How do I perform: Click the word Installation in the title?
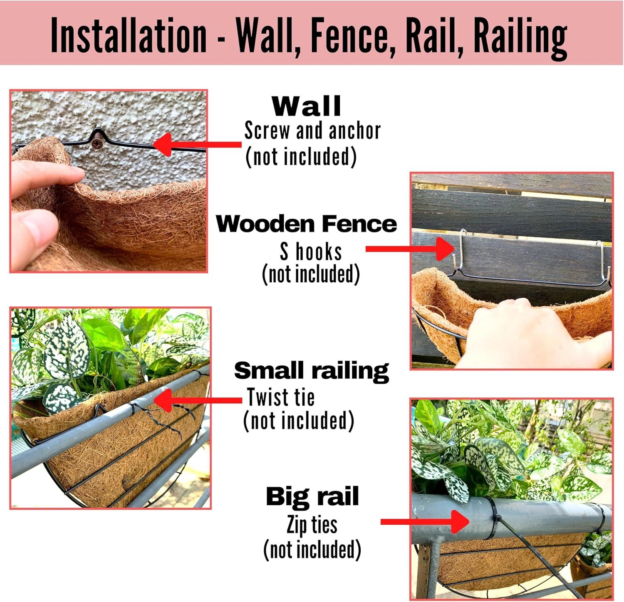tap(128, 36)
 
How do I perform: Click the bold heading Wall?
tap(307, 106)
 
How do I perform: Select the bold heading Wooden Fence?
tap(306, 224)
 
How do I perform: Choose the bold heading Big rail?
tap(312, 496)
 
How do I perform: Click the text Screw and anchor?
tap(312, 131)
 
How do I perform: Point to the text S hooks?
tap(311, 252)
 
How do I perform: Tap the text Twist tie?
tap(281, 397)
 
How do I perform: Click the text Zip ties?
tap(312, 525)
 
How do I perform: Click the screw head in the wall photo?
tap(97, 143)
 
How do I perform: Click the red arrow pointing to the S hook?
tap(410, 249)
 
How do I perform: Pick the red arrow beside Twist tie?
tap(198, 400)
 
